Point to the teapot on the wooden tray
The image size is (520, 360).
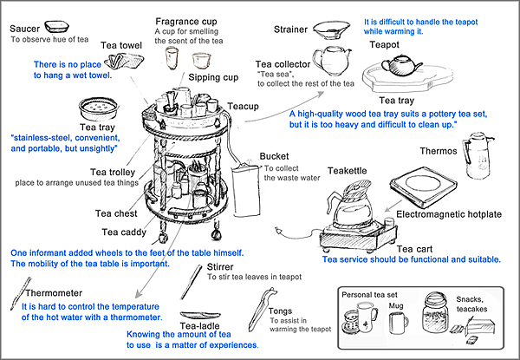(402, 66)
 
